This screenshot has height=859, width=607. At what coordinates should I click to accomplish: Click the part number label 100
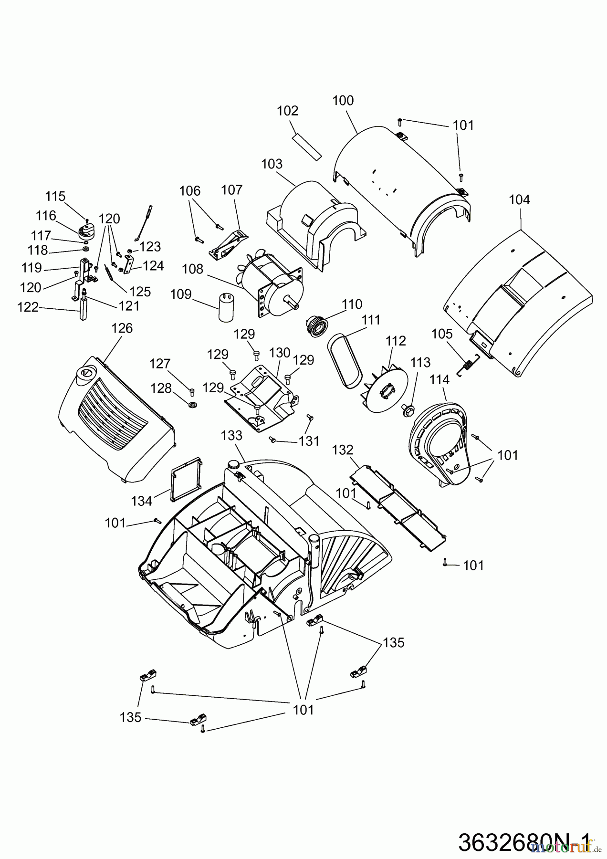pyautogui.click(x=343, y=101)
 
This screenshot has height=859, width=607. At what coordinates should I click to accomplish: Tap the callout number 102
pyautogui.click(x=287, y=111)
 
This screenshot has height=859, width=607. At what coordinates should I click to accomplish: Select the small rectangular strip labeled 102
pyautogui.click(x=307, y=144)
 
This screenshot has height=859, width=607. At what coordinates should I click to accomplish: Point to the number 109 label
pyautogui.click(x=181, y=294)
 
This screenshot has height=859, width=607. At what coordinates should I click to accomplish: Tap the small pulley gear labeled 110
pyautogui.click(x=315, y=327)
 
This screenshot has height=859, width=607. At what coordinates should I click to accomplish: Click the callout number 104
pyautogui.click(x=519, y=199)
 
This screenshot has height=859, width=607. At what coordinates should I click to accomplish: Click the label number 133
pyautogui.click(x=231, y=436)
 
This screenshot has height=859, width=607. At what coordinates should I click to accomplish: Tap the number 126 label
pyautogui.click(x=122, y=328)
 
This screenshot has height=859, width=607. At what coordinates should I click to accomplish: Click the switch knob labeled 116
pyautogui.click(x=86, y=231)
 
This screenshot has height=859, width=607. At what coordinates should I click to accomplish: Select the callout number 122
pyautogui.click(x=28, y=307)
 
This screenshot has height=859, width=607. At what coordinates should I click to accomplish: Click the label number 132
pyautogui.click(x=343, y=450)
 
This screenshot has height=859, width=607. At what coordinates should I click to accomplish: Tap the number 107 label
pyautogui.click(x=231, y=190)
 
